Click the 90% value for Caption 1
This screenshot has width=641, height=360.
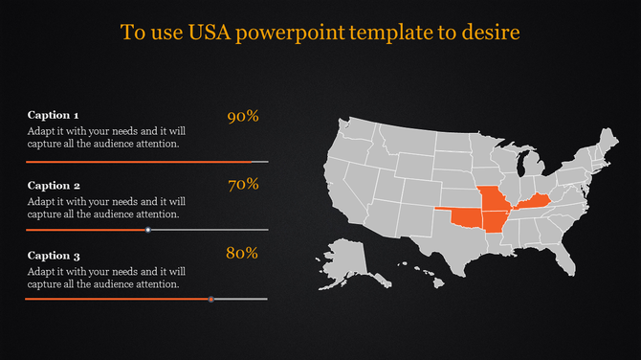tap(243, 117)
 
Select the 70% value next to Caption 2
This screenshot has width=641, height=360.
tap(244, 185)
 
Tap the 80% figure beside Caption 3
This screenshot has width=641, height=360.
tap(242, 254)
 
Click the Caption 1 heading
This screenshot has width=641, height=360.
tap(54, 115)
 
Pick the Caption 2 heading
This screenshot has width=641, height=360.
tap(54, 185)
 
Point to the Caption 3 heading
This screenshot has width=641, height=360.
tap(54, 256)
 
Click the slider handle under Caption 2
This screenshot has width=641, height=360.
tap(148, 230)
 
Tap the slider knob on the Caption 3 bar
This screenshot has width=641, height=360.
tap(210, 300)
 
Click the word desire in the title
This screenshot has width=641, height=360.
tap(489, 33)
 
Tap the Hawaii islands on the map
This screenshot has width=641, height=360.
tap(427, 278)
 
